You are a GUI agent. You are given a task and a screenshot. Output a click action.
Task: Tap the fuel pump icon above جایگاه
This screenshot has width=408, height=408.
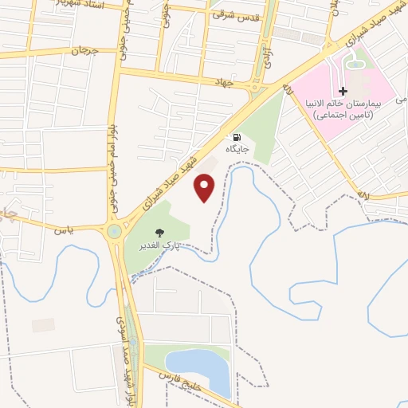coord(237,137)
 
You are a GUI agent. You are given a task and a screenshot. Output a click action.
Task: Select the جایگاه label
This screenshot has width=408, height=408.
coord(237,149)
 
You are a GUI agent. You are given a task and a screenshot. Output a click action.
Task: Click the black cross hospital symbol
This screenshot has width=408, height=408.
coord(343,92)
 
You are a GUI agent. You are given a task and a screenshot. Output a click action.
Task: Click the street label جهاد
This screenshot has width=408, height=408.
coord(222,82)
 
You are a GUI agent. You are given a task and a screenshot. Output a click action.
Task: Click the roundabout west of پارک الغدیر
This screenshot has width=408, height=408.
coord(114,231)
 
